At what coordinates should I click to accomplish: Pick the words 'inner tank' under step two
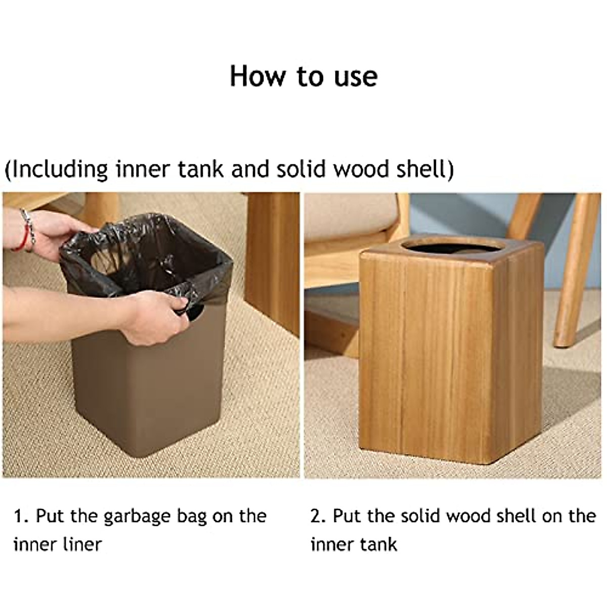click(x=354, y=545)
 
